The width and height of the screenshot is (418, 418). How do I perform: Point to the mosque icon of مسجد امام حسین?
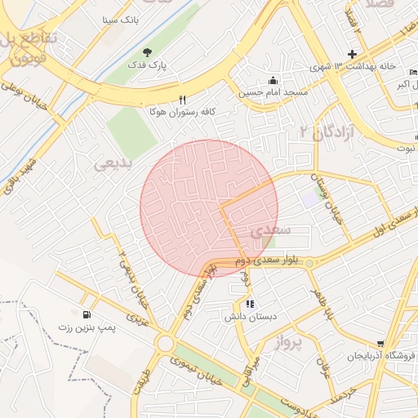point(273,80)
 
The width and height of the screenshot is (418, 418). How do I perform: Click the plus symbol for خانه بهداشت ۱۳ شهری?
point(352,55)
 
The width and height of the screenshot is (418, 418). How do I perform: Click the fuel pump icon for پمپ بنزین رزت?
point(86,314)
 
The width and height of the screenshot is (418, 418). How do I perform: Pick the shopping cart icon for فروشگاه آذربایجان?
point(380,344)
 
